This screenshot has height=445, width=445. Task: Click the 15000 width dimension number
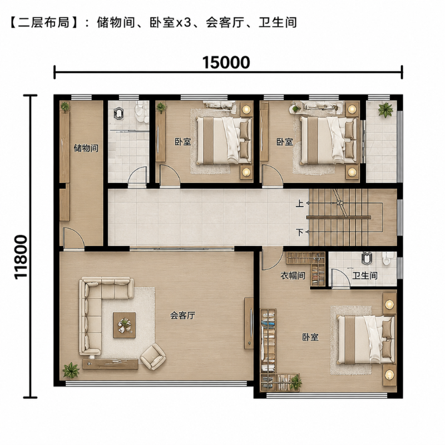coord(226,62)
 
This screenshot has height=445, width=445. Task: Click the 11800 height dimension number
coord(21,257)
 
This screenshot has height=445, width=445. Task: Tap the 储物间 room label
coord(86,148)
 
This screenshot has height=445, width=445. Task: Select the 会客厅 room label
coord(182,315)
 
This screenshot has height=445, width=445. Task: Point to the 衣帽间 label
coord(293,275)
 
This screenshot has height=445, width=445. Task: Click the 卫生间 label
coord(365,275)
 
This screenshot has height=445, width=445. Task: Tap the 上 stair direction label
coord(300,203)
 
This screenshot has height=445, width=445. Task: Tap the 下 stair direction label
coord(300,232)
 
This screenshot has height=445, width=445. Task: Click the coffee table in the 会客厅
coord(124,325)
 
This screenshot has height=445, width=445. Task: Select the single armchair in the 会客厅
coord(152,357)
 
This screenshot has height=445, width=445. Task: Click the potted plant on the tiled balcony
coord(385,110)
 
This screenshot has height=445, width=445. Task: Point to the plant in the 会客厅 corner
coord(71,370)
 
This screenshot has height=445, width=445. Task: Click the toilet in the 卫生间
coord(386,258)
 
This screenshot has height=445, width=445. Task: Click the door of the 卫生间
coord(340,278)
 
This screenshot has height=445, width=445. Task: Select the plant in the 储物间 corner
coord(65,107)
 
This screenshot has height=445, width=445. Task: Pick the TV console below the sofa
coord(110,364)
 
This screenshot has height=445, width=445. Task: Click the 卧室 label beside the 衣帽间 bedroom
coord(310,337)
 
